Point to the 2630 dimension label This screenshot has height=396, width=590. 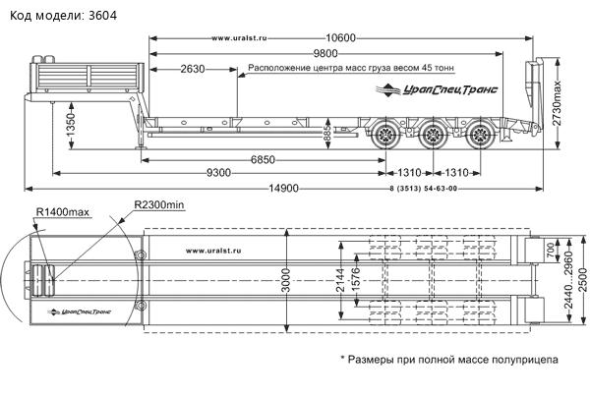coord(193,70)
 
